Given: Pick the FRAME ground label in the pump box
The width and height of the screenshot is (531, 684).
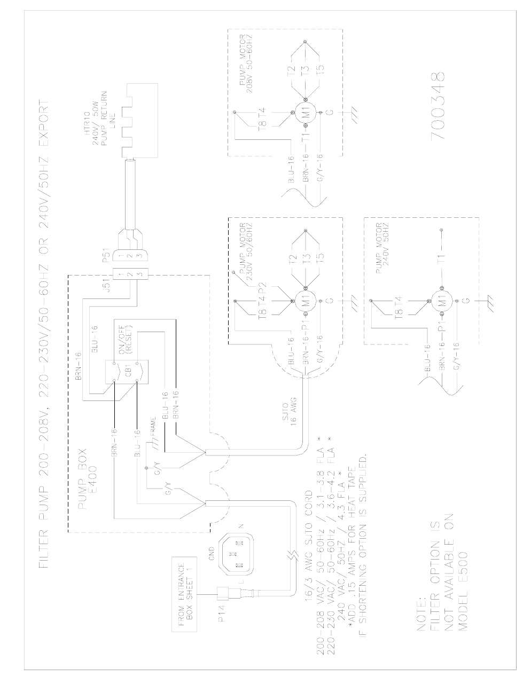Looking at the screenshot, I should [153, 427].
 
